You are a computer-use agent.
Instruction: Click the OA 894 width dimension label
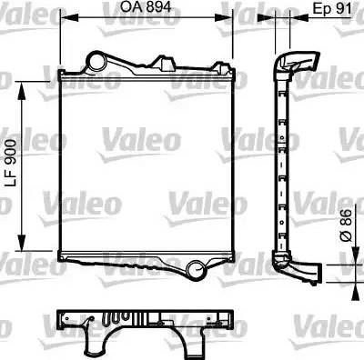pos(146,7)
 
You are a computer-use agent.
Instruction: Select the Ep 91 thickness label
pos(333,7)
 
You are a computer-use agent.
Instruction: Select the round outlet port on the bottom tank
pos(197,268)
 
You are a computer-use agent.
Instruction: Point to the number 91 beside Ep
pos(344,7)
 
